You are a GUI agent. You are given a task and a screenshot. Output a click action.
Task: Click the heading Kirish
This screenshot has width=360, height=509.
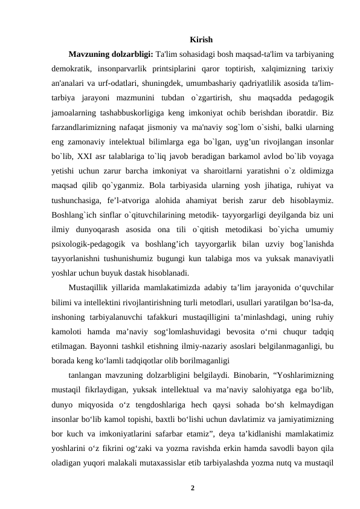pyautogui.click(x=201, y=41)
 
